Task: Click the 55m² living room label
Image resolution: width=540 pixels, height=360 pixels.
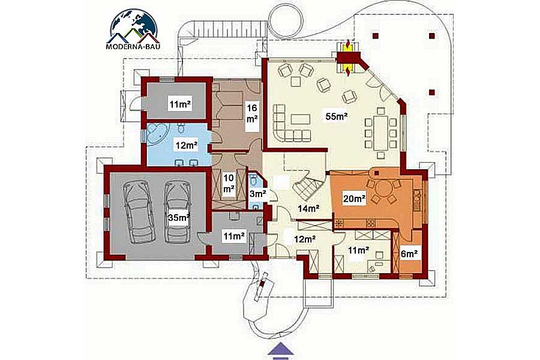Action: [x=336, y=116]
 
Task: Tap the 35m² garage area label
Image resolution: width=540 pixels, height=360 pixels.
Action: [x=178, y=217]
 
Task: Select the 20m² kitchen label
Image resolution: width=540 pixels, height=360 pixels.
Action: [x=353, y=199]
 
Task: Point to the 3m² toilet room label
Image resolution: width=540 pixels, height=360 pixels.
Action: [x=257, y=194]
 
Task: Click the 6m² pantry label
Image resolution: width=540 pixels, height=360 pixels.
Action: [x=409, y=254]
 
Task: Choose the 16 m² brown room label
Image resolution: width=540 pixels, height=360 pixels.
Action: [x=252, y=113]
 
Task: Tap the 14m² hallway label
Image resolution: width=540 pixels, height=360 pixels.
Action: [x=308, y=208]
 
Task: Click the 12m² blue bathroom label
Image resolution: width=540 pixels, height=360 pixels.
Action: [x=187, y=145]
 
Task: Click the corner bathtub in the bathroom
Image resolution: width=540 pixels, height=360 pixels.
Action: [x=156, y=134]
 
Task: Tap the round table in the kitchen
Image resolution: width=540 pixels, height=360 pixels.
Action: [x=382, y=189]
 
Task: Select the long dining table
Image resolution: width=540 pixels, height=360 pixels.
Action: [x=381, y=133]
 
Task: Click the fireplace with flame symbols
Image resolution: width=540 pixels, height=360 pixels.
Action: [x=348, y=58]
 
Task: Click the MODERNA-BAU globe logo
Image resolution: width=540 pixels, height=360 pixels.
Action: [x=133, y=29]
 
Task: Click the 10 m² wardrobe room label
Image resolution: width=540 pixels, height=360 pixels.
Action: [x=229, y=184]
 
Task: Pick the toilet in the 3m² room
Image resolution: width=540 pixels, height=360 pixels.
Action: [x=254, y=179]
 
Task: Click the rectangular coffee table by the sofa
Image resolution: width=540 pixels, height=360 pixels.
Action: [x=300, y=119]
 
